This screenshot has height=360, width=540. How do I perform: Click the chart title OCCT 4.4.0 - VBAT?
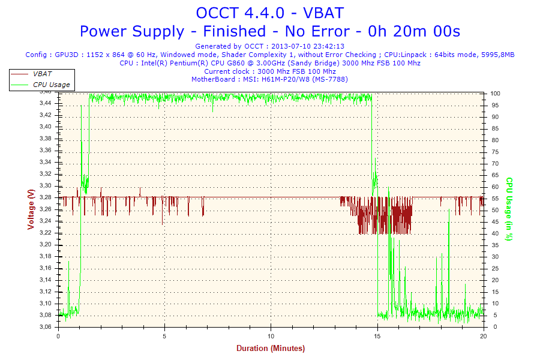pyautogui.click(x=269, y=13)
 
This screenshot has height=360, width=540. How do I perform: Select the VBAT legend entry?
pyautogui.click(x=42, y=74)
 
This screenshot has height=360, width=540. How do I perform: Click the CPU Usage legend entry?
pyautogui.click(x=51, y=85)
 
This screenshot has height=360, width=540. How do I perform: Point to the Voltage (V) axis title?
pyautogui.click(x=30, y=209)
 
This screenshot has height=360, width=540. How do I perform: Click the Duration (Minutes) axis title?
pyautogui.click(x=270, y=349)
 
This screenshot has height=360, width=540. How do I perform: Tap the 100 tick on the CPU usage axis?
pyautogui.click(x=496, y=94)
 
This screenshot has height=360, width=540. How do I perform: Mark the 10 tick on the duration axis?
pyautogui.click(x=271, y=336)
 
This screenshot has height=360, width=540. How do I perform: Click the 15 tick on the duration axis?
pyautogui.click(x=377, y=336)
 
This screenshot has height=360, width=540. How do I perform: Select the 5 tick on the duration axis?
pyautogui.click(x=164, y=336)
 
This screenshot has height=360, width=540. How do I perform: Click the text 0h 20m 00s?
pyautogui.click(x=424, y=31)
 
